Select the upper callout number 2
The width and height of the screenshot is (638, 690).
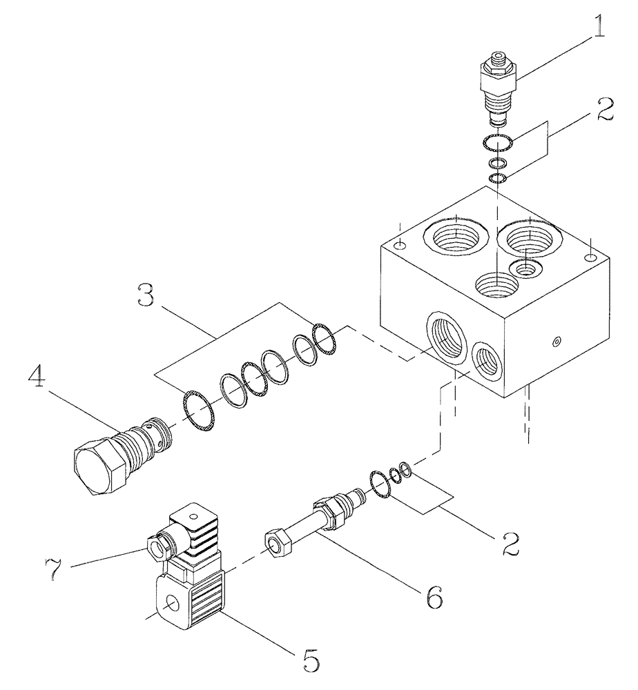point(603,110)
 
